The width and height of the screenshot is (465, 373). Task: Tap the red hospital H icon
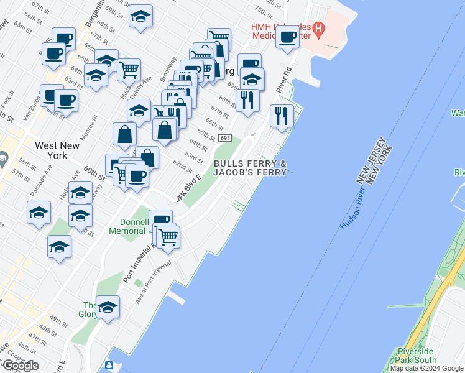[319, 28]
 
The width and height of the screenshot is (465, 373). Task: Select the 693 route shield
[225, 138]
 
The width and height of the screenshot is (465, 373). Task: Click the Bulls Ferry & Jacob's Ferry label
[250, 168]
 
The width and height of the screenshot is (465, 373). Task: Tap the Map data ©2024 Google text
[427, 368]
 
